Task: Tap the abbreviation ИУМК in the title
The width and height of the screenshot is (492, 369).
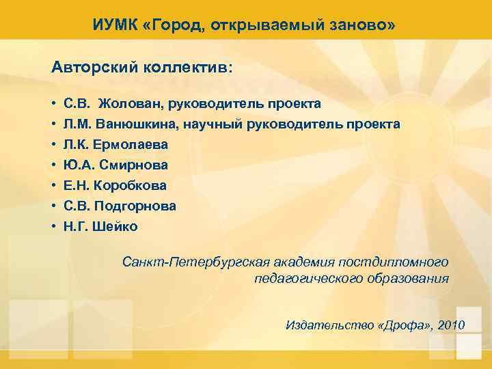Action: (113, 26)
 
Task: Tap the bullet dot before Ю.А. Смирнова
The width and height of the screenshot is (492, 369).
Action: (54, 165)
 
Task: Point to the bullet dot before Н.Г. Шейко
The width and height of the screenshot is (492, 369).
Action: (54, 226)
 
